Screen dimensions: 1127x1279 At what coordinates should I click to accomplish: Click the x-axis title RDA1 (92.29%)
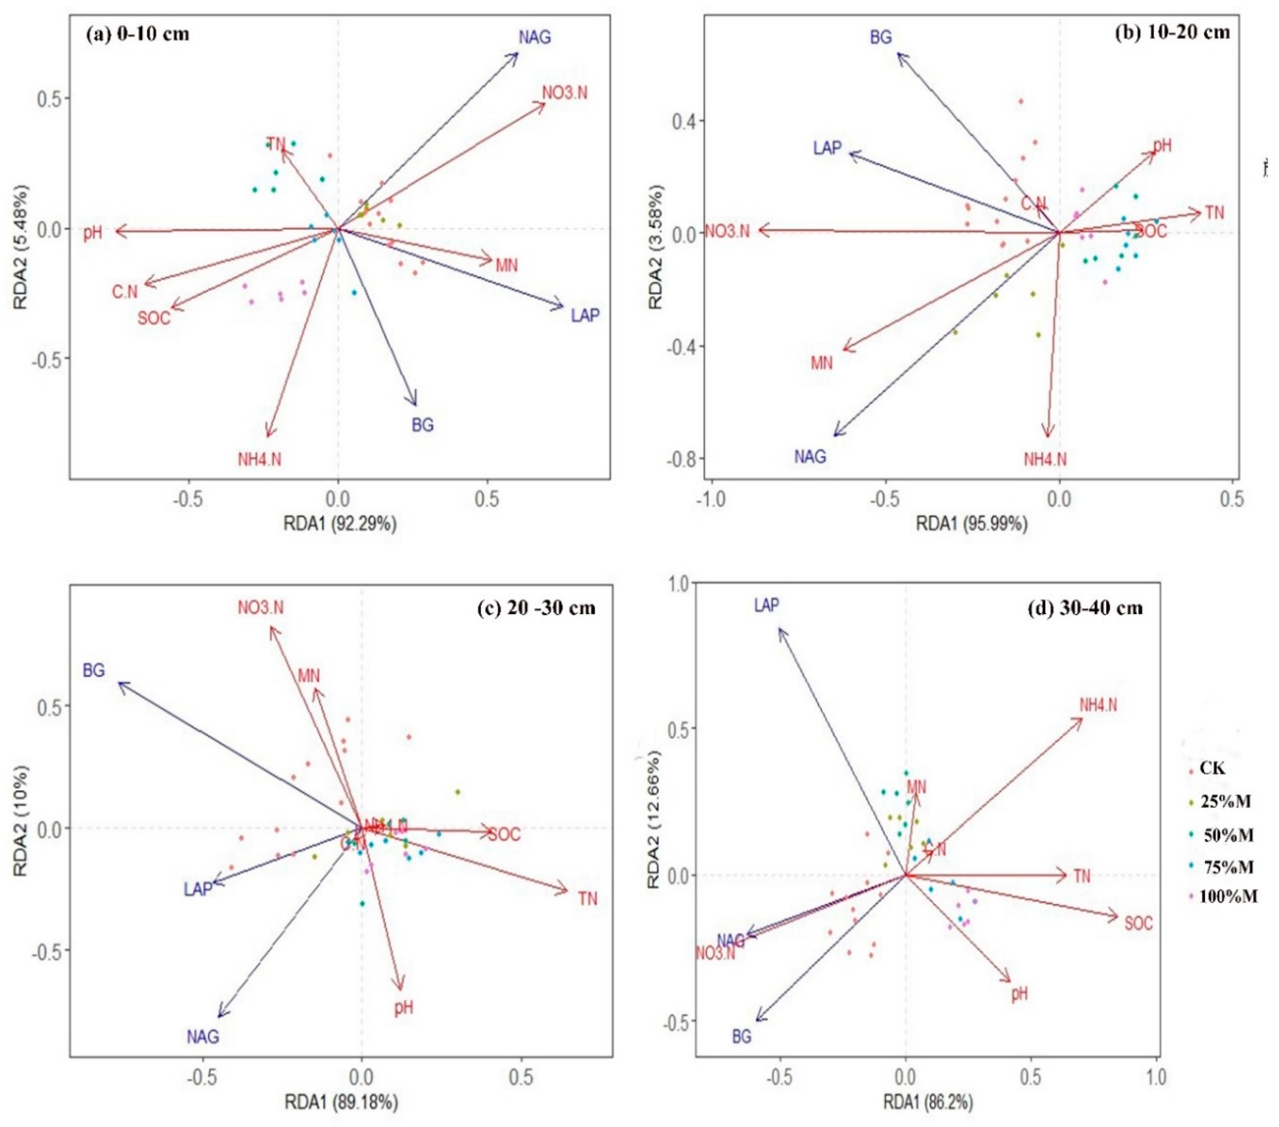coord(340,523)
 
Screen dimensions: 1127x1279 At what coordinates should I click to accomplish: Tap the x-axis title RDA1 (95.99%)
coord(972,523)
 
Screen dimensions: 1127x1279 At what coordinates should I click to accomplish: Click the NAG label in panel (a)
coord(535,38)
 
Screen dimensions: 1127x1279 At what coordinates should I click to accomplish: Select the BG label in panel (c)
coord(94,671)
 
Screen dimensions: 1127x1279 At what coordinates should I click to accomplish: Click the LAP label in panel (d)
coord(767,605)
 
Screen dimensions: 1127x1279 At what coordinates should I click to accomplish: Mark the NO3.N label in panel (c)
coord(260,607)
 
